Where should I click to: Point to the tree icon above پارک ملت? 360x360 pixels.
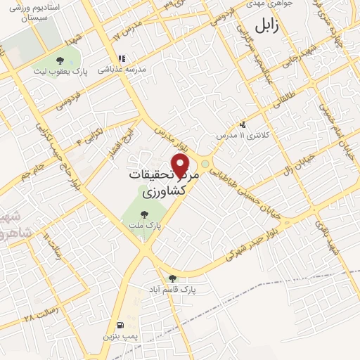[x=144, y=214]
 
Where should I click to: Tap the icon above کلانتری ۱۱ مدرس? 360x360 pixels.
[x=243, y=123]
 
